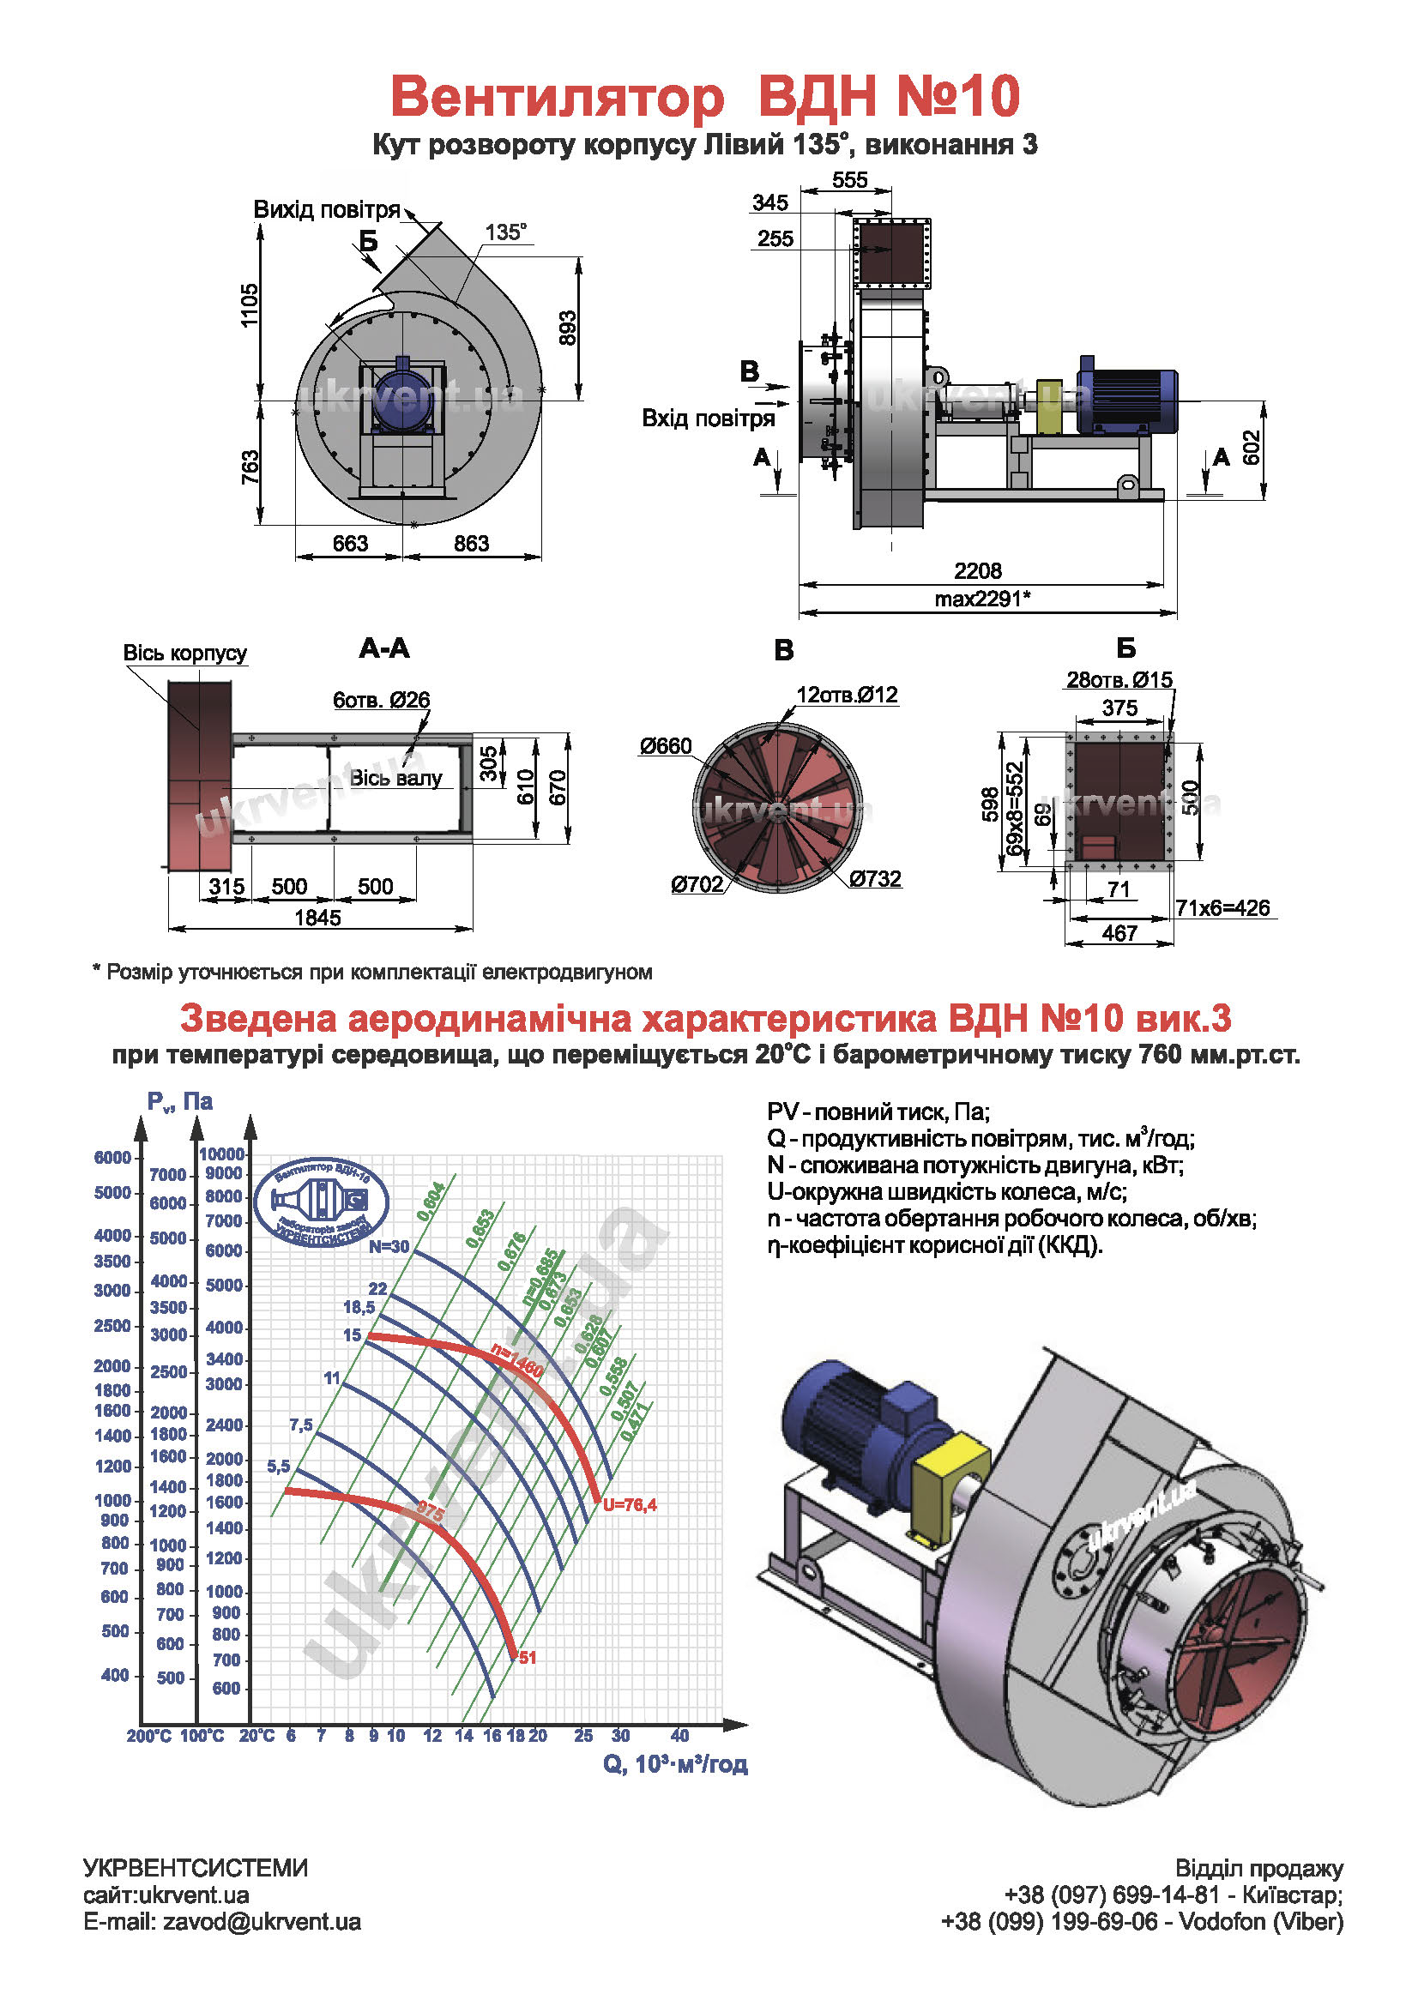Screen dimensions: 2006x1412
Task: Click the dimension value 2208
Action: [x=977, y=570]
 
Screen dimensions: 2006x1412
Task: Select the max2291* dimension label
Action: [x=982, y=599]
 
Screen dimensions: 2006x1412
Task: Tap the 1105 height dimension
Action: [x=250, y=305]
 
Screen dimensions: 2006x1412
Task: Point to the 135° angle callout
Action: [x=506, y=232]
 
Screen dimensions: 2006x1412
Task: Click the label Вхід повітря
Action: [x=708, y=418]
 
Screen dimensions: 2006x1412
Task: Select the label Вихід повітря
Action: [x=326, y=209]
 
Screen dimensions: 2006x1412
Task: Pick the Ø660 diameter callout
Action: [x=665, y=745]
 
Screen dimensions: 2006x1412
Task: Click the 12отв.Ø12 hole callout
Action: [x=846, y=695]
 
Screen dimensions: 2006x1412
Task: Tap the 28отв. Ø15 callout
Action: [x=1119, y=680]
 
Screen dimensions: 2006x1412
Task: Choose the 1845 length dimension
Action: [x=317, y=918]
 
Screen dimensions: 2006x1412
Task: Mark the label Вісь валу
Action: [x=395, y=778]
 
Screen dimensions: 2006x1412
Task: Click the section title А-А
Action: [x=383, y=648]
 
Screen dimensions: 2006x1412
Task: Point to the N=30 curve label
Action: [x=389, y=1246]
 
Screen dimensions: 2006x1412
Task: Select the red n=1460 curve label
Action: [x=516, y=1361]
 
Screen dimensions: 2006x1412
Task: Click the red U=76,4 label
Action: [x=629, y=1504]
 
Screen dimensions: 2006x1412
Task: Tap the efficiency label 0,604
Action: [x=431, y=1202]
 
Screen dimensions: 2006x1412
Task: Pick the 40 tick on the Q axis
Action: [x=679, y=1735]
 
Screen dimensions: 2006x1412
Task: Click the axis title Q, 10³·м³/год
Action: [x=674, y=1764]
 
